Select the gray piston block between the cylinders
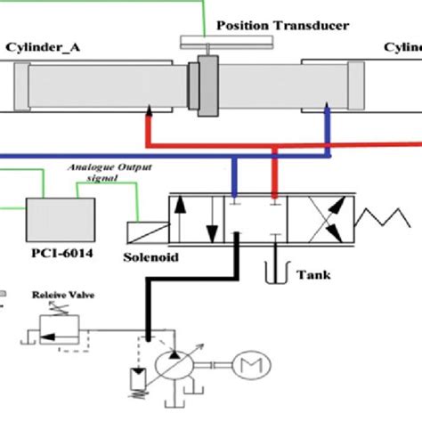pyautogui.click(x=207, y=86)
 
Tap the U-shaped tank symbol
pyautogui.click(x=276, y=271)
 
